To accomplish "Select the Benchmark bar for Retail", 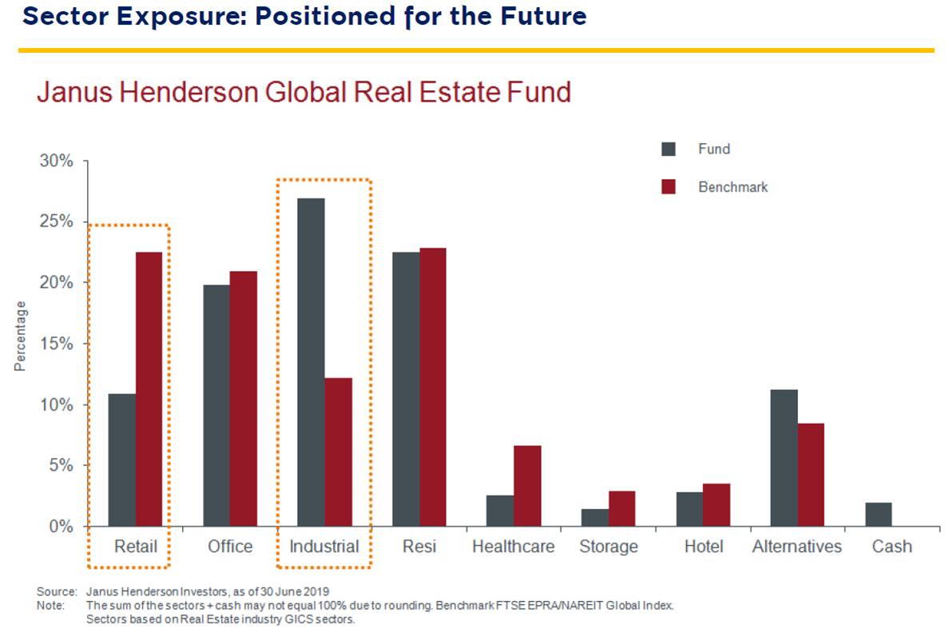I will pos(149,389).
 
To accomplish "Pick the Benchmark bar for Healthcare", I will pos(527,486).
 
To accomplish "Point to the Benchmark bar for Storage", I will pos(621,508).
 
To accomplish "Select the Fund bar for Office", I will pos(216,405).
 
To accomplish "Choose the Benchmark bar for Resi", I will pos(433,387).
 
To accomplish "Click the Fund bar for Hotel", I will pos(689,509).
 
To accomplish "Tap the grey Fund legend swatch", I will pos(669,149).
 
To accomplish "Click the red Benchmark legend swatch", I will pos(669,187).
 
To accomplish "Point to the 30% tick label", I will pos(56,161).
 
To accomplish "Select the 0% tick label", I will pos(61,527).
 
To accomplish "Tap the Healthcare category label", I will pos(512,547).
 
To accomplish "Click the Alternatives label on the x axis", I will pos(796,547).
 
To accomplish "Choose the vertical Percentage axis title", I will pos(20,336).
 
